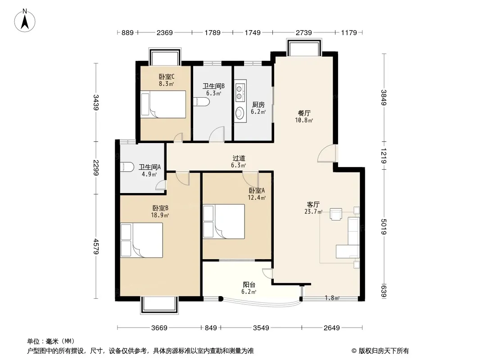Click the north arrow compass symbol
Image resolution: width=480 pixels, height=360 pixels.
point(25,21)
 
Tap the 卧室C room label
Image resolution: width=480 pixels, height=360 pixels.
point(166,76)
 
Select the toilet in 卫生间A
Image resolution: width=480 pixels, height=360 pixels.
point(127,166)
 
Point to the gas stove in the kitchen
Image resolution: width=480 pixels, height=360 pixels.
point(240,90)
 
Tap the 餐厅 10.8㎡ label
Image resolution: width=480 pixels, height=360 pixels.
point(304,117)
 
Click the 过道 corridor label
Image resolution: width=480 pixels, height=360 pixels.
point(239,158)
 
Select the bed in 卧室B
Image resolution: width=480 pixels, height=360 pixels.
point(141,240)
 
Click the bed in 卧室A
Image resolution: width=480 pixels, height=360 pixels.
point(224,221)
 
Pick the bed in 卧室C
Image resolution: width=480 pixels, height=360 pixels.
point(163,104)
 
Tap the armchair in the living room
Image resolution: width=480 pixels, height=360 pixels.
point(336,214)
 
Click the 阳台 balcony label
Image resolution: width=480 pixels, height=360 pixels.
point(249,285)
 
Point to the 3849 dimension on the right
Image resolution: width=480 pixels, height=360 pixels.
point(384,98)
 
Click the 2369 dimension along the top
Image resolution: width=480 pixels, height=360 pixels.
point(165,32)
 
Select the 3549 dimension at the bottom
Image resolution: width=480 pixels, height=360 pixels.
point(261,328)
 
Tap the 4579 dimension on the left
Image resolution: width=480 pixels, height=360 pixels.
point(96,246)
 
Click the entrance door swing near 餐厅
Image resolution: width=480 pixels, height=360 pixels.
point(326,153)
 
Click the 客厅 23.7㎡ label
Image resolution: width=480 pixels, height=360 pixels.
point(313,208)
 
